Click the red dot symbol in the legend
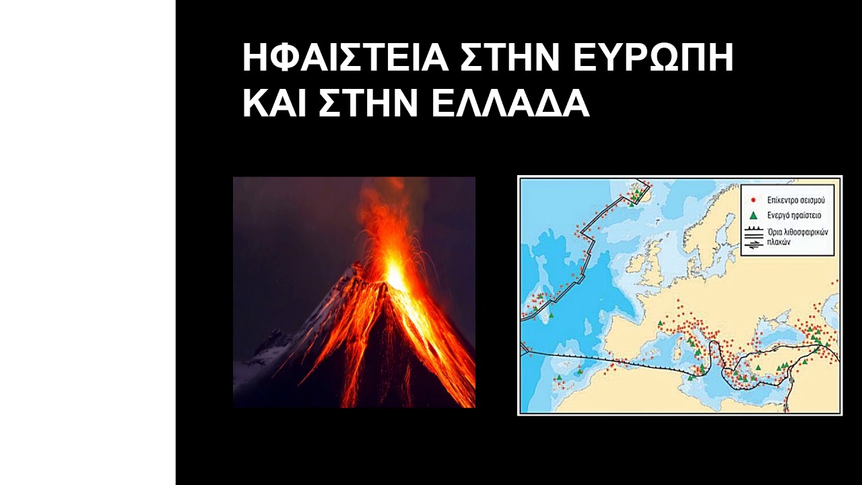(754, 200)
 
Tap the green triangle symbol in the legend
(754, 216)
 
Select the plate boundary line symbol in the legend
(754, 236)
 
